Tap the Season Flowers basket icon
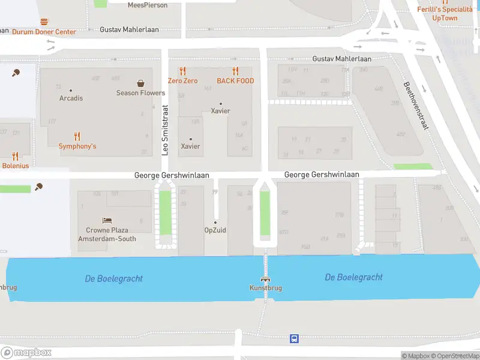pyautogui.click(x=140, y=83)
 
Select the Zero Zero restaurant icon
pyautogui.click(x=183, y=71)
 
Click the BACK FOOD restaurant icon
pyautogui.click(x=235, y=71)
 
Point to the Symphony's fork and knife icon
pyautogui.click(x=77, y=136)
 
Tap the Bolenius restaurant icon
pyautogui.click(x=15, y=156)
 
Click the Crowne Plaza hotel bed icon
pyautogui.click(x=107, y=220)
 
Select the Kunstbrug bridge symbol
pyautogui.click(x=265, y=279)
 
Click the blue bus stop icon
pyautogui.click(x=294, y=338)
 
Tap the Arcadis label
pyautogui.click(x=71, y=98)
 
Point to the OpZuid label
pyautogui.click(x=215, y=230)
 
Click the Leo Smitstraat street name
pyautogui.click(x=166, y=130)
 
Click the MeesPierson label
pyautogui.click(x=148, y=5)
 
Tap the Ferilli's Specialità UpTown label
pyautogui.click(x=445, y=13)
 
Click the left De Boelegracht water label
pyautogui.click(x=114, y=279)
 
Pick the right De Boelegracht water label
pyautogui.click(x=353, y=277)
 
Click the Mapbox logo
pyautogui.click(x=26, y=353)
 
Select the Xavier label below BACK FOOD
pyautogui.click(x=220, y=111)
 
